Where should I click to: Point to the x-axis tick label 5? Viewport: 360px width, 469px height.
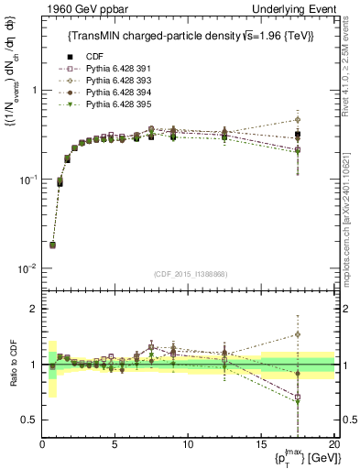coord(115,444)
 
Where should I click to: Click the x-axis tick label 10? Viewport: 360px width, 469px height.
coord(187,444)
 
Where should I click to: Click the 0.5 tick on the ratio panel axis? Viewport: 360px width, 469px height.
coord(29,420)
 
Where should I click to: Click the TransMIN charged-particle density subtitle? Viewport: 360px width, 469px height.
coord(188,36)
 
